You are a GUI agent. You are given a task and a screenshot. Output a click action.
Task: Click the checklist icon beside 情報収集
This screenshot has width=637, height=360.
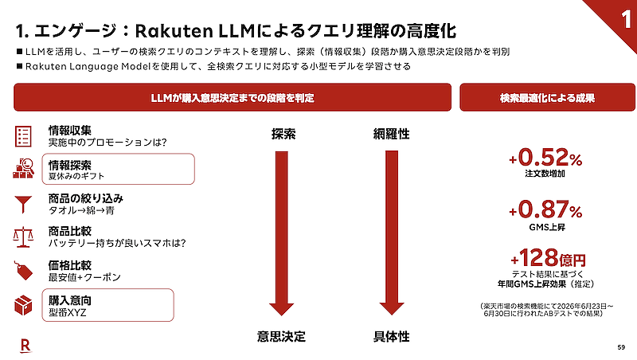point(23,135)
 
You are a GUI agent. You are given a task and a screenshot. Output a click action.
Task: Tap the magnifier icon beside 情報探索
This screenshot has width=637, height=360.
point(23,168)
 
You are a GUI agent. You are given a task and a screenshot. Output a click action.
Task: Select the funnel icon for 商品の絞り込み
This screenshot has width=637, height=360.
point(23,205)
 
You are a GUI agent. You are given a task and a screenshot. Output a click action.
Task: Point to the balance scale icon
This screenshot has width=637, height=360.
point(23,237)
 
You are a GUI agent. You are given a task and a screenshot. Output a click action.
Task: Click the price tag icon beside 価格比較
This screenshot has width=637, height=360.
point(23,271)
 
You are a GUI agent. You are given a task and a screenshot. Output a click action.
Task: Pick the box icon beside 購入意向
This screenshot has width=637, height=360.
point(23,305)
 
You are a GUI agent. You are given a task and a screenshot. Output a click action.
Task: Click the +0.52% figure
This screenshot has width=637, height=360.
point(545,157)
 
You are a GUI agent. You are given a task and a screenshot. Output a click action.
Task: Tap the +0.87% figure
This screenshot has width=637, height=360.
point(545,209)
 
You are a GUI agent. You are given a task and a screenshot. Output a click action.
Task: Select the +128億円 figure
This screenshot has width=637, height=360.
point(548,257)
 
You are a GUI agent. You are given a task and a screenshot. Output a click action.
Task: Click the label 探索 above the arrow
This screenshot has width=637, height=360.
point(283,134)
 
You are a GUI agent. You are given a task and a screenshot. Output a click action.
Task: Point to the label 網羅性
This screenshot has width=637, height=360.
point(391,134)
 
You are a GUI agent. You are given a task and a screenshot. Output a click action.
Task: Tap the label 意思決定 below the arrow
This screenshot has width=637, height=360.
point(281,336)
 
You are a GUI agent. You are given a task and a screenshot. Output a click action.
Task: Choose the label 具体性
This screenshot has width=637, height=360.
point(391,336)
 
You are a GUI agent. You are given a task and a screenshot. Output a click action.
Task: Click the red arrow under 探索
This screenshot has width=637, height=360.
point(282,233)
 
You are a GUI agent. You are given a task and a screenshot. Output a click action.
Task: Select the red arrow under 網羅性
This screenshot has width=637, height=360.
point(392,233)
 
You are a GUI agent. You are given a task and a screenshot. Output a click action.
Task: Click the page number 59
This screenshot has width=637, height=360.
point(621,347)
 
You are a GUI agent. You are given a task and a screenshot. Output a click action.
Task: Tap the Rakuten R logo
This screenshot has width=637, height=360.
point(25,346)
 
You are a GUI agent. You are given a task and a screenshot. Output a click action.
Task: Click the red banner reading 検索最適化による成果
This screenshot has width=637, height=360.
point(547,97)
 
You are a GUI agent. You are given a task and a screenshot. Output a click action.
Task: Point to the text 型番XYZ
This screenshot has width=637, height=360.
point(68,312)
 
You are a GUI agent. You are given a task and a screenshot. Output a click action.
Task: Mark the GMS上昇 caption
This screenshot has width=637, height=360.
point(547,227)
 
